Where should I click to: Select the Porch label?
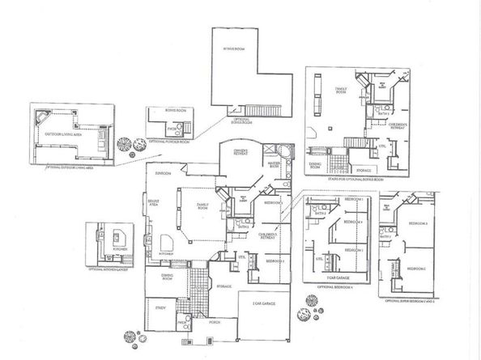tap(213, 321)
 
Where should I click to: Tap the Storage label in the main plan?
tap(224, 286)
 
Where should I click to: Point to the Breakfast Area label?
tap(154, 203)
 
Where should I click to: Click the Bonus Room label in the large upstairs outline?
tap(235, 49)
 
